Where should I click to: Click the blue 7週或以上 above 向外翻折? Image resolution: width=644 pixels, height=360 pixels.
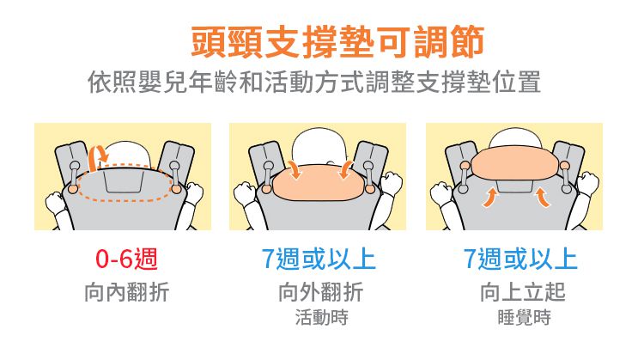click(x=319, y=258)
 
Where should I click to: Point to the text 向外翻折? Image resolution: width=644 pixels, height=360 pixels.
click(x=320, y=292)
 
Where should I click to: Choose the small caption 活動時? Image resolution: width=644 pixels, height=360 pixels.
click(x=320, y=319)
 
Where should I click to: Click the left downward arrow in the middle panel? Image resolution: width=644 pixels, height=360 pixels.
click(x=295, y=168)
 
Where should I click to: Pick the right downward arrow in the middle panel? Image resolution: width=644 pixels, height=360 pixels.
click(x=346, y=168)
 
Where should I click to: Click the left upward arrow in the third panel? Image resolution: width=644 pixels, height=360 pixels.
click(x=491, y=198)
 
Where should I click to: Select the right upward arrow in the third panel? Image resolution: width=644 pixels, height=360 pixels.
click(x=543, y=198)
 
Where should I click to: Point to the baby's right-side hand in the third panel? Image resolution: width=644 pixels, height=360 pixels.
click(x=588, y=182)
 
